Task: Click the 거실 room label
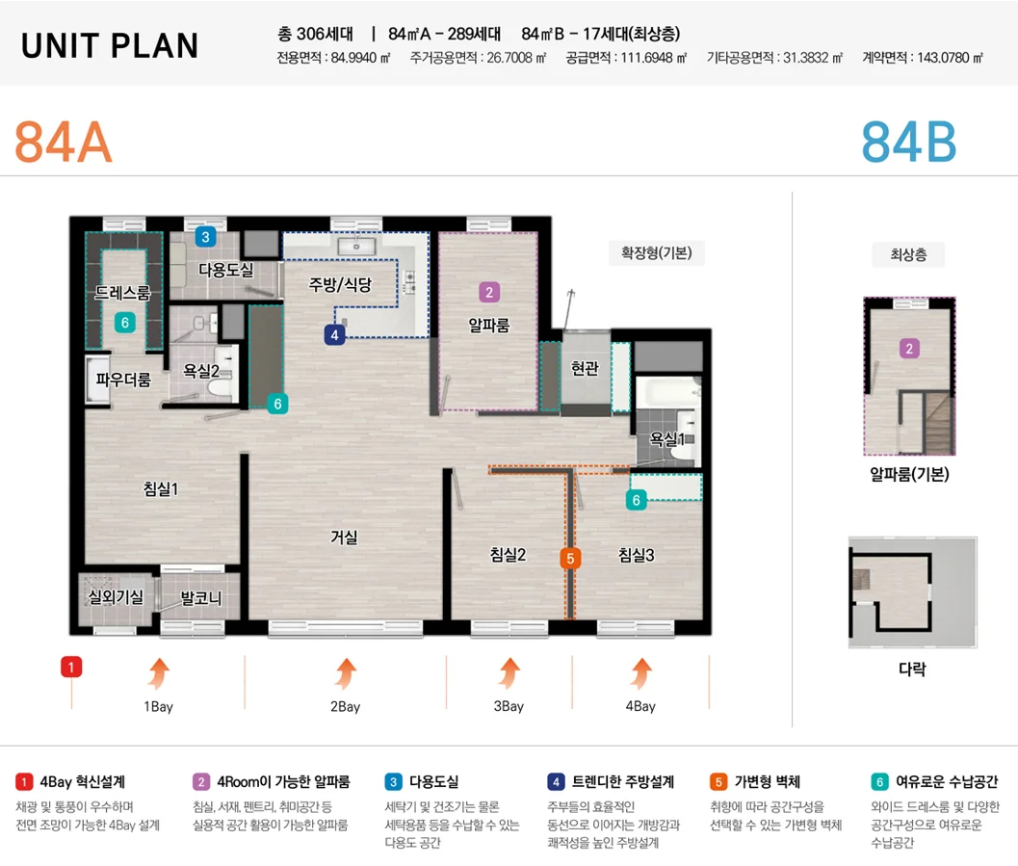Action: [344, 537]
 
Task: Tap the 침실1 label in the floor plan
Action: [161, 488]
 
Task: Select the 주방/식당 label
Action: [340, 284]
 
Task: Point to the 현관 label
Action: [585, 369]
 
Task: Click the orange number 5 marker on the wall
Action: [570, 559]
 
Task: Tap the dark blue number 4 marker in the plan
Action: [334, 335]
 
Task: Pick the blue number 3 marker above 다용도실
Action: [206, 237]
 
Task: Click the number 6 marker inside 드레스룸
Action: [124, 323]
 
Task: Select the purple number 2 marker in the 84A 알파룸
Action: [489, 292]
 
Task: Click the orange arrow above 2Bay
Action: [346, 673]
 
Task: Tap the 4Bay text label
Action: [640, 706]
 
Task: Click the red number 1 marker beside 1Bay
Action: [71, 667]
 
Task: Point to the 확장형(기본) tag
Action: [657, 252]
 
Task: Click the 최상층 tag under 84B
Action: [908, 254]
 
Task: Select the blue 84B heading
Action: [909, 143]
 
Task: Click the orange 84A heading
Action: [64, 143]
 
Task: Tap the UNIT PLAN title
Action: [110, 45]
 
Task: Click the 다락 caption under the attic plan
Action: [912, 669]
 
